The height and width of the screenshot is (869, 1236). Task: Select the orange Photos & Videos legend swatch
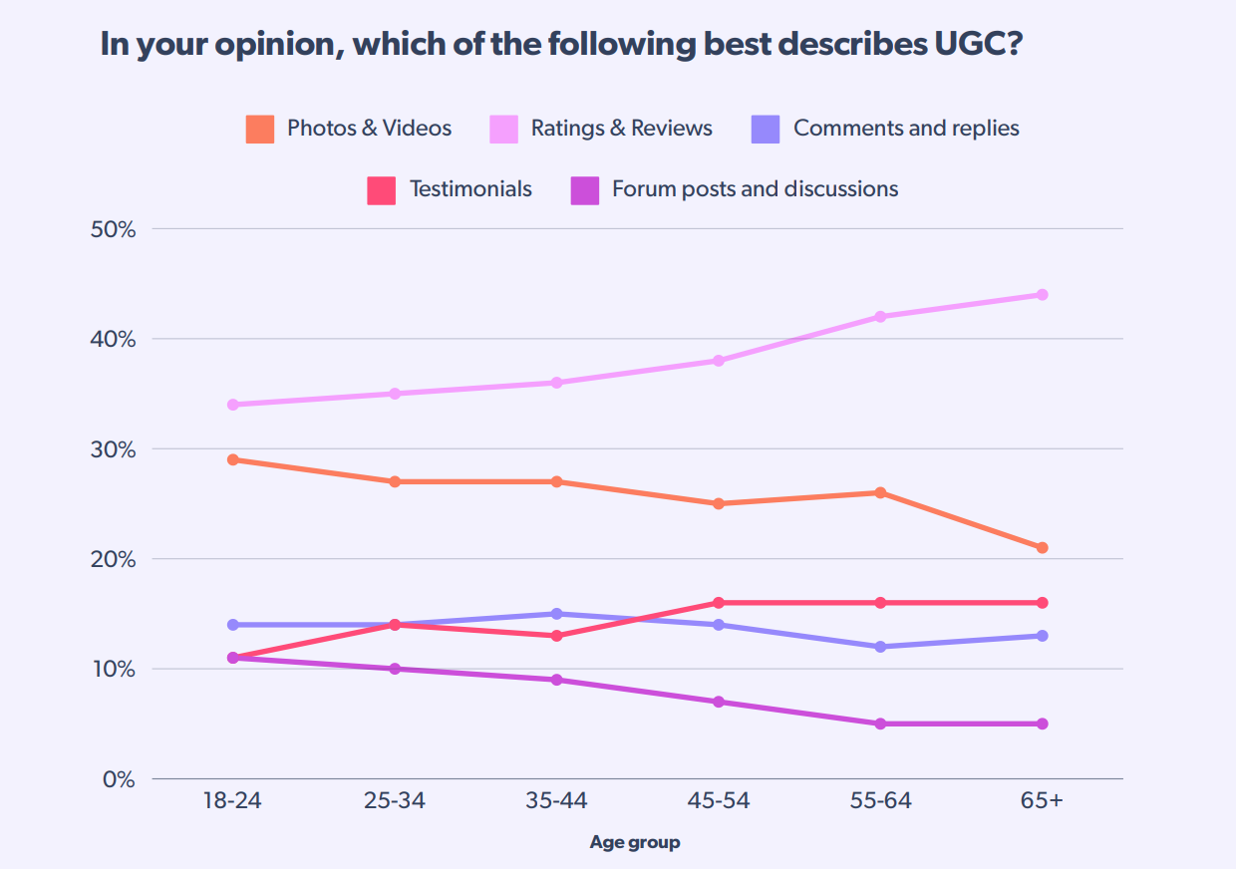tap(260, 129)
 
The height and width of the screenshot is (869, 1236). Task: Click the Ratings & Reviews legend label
tap(621, 129)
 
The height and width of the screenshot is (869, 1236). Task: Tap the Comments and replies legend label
tap(906, 129)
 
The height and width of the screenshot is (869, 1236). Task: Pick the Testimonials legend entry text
tap(470, 189)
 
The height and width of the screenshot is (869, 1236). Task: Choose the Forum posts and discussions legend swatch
tap(584, 189)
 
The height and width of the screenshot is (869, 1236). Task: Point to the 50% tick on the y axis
tap(113, 229)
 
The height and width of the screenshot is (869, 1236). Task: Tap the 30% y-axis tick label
tap(113, 449)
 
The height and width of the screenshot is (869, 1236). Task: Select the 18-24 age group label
tap(232, 802)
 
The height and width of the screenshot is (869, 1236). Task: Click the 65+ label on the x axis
tap(1042, 802)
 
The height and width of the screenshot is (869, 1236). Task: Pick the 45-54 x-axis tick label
tap(718, 802)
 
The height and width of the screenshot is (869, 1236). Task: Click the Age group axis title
tap(635, 843)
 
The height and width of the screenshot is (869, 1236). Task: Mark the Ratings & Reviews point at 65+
tap(1042, 295)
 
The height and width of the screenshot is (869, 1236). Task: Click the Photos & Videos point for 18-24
tap(232, 460)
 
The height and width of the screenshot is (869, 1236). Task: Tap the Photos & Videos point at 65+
tap(1042, 548)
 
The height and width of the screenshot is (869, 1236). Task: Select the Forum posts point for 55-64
tap(880, 724)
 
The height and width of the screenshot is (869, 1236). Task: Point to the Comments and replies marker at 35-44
tap(556, 614)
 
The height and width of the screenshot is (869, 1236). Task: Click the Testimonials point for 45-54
tap(718, 603)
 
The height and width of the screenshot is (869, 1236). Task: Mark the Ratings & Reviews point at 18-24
tap(232, 405)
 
